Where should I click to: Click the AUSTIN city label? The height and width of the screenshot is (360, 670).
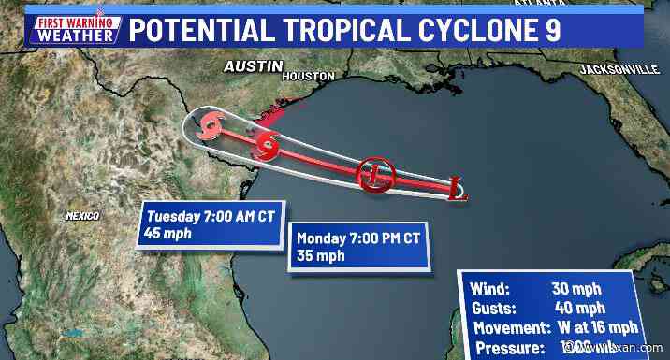point(253,66)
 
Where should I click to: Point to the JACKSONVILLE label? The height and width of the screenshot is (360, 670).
point(619,70)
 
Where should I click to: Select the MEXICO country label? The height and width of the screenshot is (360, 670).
point(82,216)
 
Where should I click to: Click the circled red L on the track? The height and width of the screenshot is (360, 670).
point(375,174)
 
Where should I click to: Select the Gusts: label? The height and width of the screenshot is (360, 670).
point(496,308)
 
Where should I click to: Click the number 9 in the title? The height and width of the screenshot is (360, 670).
point(551,29)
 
